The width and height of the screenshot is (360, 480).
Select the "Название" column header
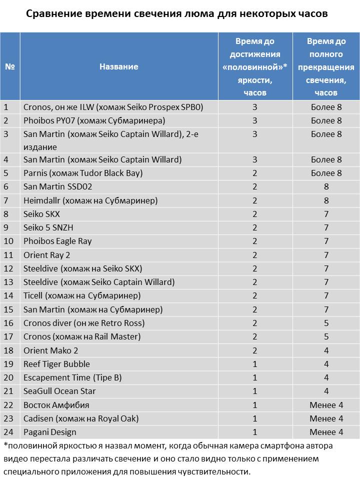(118, 66)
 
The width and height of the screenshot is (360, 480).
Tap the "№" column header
(9, 66)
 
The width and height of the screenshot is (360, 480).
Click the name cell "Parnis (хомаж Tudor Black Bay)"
(83, 173)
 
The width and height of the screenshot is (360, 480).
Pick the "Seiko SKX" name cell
(41, 214)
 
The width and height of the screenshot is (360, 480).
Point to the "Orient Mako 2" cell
(51, 350)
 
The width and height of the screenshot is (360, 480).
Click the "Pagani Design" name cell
(50, 431)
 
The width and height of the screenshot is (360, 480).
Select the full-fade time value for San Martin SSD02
(326, 186)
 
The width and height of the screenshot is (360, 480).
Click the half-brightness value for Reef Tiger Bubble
(254, 363)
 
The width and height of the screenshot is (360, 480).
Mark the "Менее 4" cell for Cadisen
(326, 418)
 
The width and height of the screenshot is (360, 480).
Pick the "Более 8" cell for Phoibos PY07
(326, 120)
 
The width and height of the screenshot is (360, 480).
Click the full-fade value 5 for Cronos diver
(326, 323)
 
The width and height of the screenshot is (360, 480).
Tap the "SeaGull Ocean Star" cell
(59, 391)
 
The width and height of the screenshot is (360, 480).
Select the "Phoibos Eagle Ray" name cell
(57, 241)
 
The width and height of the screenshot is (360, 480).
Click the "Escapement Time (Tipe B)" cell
(72, 377)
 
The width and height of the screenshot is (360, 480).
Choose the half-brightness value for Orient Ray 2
(254, 255)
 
